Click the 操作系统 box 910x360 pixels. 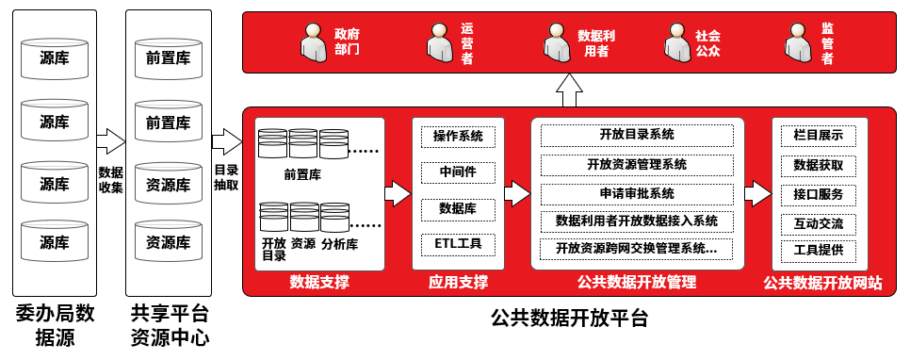point(458,137)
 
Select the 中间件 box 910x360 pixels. point(458,173)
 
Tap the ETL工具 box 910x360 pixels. point(458,244)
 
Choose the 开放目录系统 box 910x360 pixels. point(637,136)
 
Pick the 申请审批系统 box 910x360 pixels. point(637,193)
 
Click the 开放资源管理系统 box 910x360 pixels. point(637,165)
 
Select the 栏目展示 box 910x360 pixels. point(819,137)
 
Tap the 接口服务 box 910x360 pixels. point(819,195)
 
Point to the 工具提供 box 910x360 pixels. point(819,252)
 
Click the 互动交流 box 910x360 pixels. point(819,224)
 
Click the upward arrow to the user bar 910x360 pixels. point(569,90)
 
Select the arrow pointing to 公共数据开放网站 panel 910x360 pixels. point(758,193)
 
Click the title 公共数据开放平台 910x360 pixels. point(569,319)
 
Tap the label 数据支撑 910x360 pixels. point(319,283)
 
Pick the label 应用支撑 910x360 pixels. point(459,283)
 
